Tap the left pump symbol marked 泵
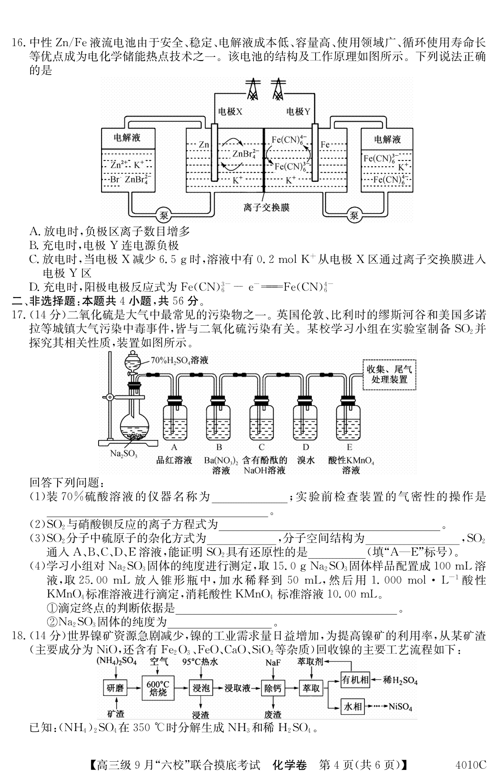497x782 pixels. pos(164,215)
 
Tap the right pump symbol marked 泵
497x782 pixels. pos(354,215)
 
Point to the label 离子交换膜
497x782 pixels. pos(266,207)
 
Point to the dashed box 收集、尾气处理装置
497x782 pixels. pos(389,374)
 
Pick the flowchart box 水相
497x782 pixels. pos(352,707)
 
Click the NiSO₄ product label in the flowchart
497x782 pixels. pos(400,707)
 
